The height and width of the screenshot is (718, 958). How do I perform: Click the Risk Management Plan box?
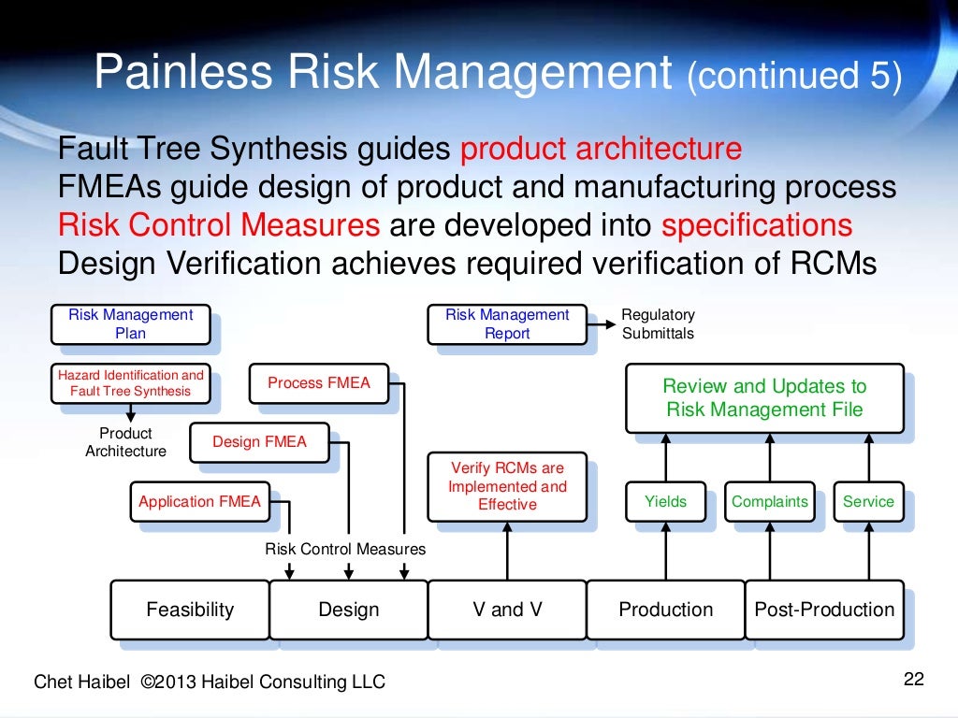(130, 323)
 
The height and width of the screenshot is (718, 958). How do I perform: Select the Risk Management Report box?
(507, 323)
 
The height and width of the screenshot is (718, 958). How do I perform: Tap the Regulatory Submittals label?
(659, 323)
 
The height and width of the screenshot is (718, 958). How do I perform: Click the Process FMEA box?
(319, 382)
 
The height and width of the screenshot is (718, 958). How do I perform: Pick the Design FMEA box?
(259, 441)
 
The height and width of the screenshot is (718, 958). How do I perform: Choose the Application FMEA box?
(199, 501)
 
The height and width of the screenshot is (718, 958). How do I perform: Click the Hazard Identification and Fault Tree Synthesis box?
(130, 382)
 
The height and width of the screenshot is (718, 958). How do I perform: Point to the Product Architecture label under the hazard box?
(125, 442)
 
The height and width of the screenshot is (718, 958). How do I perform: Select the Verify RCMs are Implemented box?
(507, 486)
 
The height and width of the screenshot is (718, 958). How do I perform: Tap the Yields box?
(665, 501)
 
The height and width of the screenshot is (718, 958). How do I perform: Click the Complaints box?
(769, 501)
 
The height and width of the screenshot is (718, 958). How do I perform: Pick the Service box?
(868, 501)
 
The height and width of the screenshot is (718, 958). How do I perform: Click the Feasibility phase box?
(190, 610)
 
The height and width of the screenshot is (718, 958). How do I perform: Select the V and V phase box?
(507, 610)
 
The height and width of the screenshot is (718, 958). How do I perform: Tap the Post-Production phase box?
(824, 610)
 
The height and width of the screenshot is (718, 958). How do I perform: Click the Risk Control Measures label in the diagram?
(345, 549)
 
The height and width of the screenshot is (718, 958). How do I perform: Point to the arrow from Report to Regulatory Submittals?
(604, 323)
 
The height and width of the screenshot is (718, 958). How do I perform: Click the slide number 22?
(913, 679)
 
